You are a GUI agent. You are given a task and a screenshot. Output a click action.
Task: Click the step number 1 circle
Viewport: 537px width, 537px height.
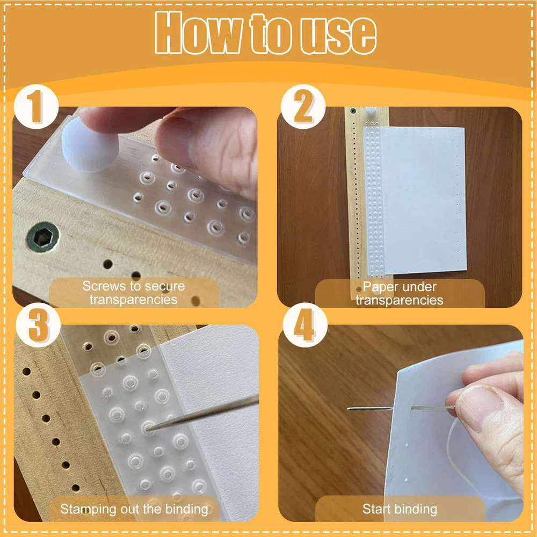click(37, 107)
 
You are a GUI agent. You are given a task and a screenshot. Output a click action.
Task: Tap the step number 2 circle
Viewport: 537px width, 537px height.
click(303, 107)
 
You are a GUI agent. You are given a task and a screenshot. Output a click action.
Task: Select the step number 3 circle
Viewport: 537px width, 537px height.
click(38, 325)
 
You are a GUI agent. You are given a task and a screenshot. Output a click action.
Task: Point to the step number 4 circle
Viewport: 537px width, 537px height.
click(305, 325)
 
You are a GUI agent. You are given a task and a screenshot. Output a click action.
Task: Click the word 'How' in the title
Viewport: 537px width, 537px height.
click(199, 33)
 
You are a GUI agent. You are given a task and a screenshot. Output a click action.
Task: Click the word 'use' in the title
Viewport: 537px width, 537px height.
click(338, 35)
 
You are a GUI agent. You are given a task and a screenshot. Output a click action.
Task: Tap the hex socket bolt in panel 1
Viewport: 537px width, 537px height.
click(43, 236)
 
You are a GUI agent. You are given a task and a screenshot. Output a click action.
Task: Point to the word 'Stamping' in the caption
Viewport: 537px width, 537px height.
click(88, 509)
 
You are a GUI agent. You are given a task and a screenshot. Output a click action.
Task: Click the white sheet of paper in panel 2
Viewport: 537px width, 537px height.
click(424, 200)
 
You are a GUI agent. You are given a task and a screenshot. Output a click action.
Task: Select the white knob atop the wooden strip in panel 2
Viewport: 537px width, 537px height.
click(371, 111)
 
